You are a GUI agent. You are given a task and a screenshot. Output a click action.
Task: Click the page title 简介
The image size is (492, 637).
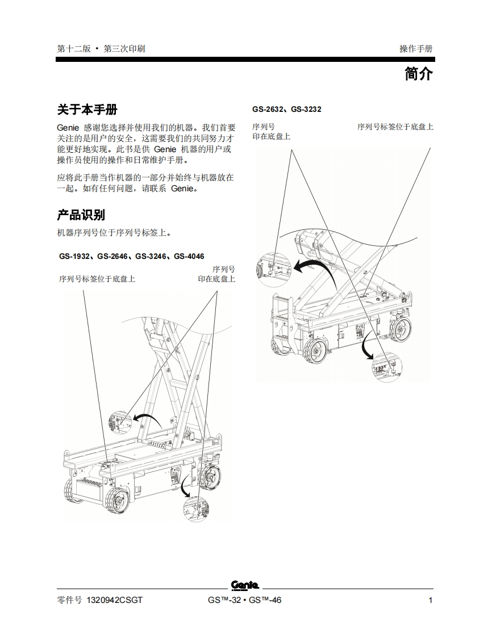pyautogui.click(x=418, y=74)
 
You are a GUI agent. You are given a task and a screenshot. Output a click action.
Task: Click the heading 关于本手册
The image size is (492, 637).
pyautogui.click(x=87, y=110)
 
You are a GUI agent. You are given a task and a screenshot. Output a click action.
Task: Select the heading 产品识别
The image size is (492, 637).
pyautogui.click(x=81, y=215)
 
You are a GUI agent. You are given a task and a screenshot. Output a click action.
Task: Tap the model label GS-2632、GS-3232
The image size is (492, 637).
pyautogui.click(x=286, y=110)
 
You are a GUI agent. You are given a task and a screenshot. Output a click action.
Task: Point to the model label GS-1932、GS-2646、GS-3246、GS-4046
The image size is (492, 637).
pyautogui.click(x=131, y=257)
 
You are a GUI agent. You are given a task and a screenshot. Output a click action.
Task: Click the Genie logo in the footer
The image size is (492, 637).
pyautogui.click(x=245, y=585)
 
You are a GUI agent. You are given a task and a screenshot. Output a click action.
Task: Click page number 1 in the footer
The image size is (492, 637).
pyautogui.click(x=430, y=601)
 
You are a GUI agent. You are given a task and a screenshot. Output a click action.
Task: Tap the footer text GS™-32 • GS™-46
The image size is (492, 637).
pyautogui.click(x=244, y=601)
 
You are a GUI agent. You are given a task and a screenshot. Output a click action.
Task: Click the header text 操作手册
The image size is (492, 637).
pyautogui.click(x=416, y=49)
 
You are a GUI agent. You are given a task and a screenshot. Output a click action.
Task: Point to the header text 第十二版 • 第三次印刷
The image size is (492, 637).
pyautogui.click(x=101, y=49)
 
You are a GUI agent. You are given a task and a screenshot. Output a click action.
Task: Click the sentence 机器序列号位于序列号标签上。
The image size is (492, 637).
pyautogui.click(x=114, y=233)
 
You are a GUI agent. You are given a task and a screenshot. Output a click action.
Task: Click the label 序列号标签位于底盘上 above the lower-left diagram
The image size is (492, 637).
pyautogui.click(x=97, y=279)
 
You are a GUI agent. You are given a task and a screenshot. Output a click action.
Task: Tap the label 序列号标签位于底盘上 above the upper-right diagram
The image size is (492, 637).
pyautogui.click(x=395, y=127)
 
